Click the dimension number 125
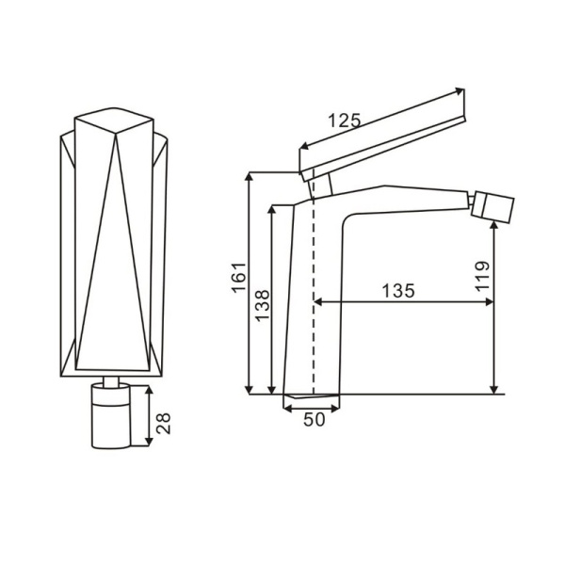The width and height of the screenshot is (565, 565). point(344,121)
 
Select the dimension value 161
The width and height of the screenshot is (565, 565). point(239,278)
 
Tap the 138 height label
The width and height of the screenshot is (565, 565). point(263,305)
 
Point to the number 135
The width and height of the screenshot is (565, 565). point(398,290)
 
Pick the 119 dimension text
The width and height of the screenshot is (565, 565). point(482,276)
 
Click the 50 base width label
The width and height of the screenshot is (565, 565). point(315,419)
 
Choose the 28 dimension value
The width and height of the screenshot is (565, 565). point(163,423)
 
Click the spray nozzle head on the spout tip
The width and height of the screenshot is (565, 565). point(492,207)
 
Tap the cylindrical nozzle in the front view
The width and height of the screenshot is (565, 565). point(110,416)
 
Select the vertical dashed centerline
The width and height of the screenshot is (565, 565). point(314,281)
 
